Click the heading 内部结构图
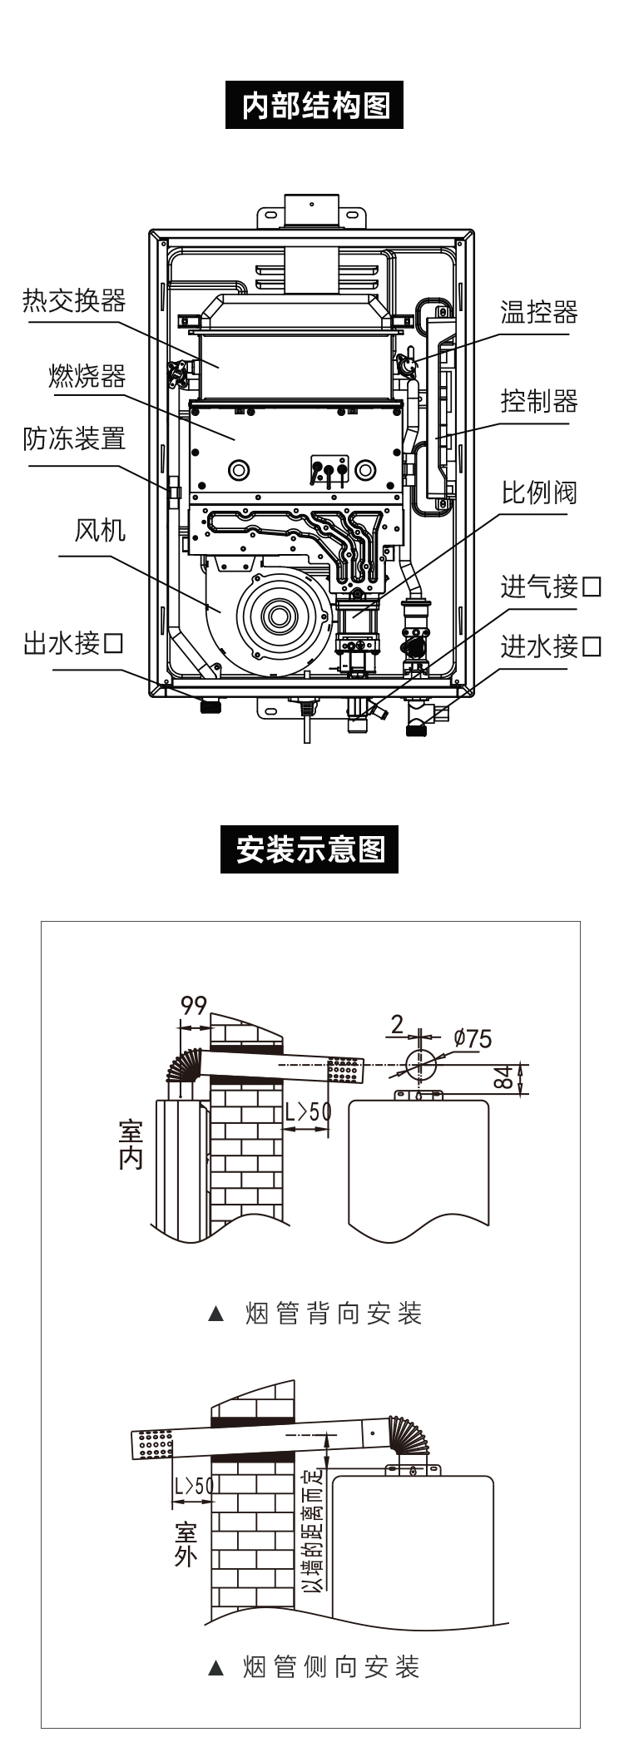pos(314,105)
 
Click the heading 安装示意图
pos(310,849)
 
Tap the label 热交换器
pos(74,300)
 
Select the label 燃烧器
pos(87,376)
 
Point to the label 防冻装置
pos(74,438)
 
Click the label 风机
pos(101,530)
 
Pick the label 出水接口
pos(74,643)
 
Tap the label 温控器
pos(539,313)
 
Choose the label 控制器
pos(539,402)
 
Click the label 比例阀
pos(539,493)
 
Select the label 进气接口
pos(551,587)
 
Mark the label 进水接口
pos(551,646)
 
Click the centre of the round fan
pos(276,616)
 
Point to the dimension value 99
pos(194,1006)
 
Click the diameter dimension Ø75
pos(473,1038)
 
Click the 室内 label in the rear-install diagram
pos(131,1145)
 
